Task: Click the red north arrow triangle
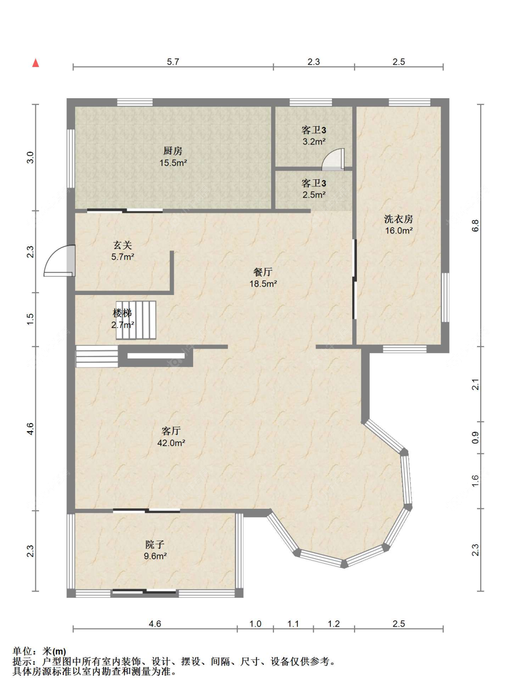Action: [36, 63]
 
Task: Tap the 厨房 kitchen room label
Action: [173, 151]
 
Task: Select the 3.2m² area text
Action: [314, 141]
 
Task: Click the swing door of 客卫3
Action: [333, 160]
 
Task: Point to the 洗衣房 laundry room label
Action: [399, 219]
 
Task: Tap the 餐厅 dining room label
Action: [263, 272]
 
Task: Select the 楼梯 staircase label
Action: [122, 313]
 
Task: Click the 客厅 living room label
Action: [171, 431]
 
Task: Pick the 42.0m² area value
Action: [171, 443]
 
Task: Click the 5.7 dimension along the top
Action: [173, 62]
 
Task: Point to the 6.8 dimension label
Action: [476, 226]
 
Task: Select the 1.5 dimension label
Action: [30, 319]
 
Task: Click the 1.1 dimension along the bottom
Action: [293, 624]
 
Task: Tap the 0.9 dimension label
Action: [476, 438]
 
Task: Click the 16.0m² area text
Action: [399, 231]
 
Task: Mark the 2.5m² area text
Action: [314, 195]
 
